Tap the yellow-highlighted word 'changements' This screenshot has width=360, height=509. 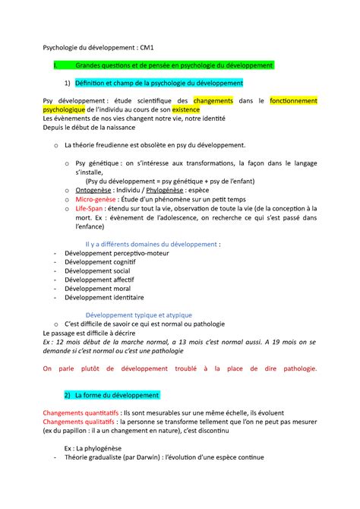point(214,100)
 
